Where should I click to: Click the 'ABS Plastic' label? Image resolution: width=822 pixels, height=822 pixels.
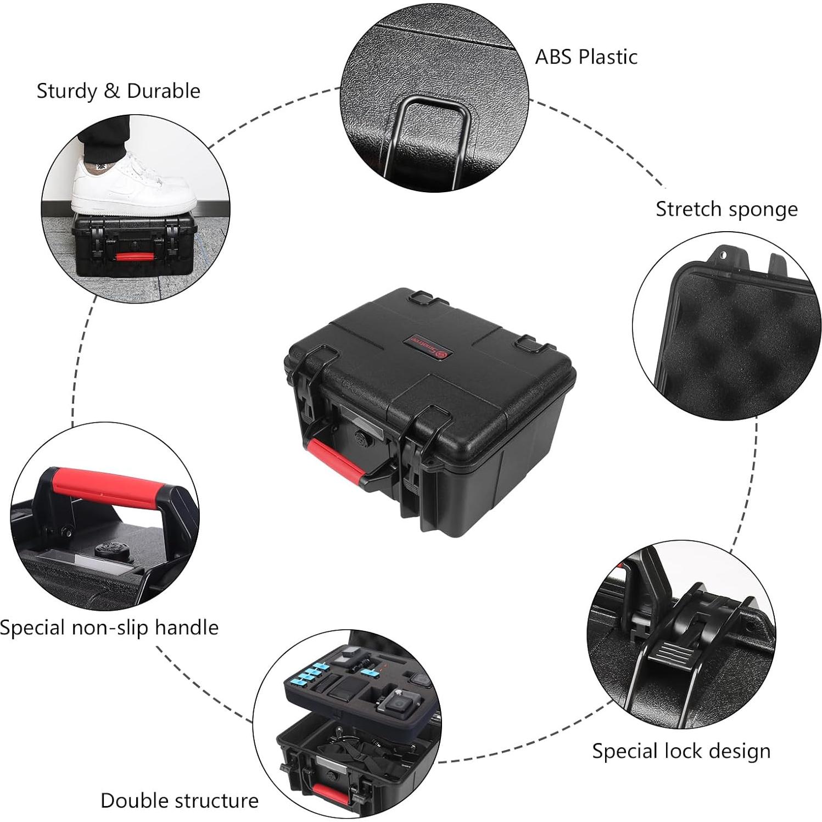pos(586,57)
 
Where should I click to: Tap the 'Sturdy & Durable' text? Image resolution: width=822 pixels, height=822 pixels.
pos(118,91)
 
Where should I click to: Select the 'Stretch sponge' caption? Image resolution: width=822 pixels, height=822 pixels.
pos(726,209)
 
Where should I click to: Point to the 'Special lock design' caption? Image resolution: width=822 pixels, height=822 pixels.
pos(681,751)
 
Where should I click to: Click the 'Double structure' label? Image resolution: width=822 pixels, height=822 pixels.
pos(179,801)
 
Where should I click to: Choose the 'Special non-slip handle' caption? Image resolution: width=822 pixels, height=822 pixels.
pos(109,627)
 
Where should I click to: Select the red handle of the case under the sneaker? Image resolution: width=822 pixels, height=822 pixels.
pos(135,256)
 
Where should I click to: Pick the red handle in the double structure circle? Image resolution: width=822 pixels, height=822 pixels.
pos(329,793)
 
